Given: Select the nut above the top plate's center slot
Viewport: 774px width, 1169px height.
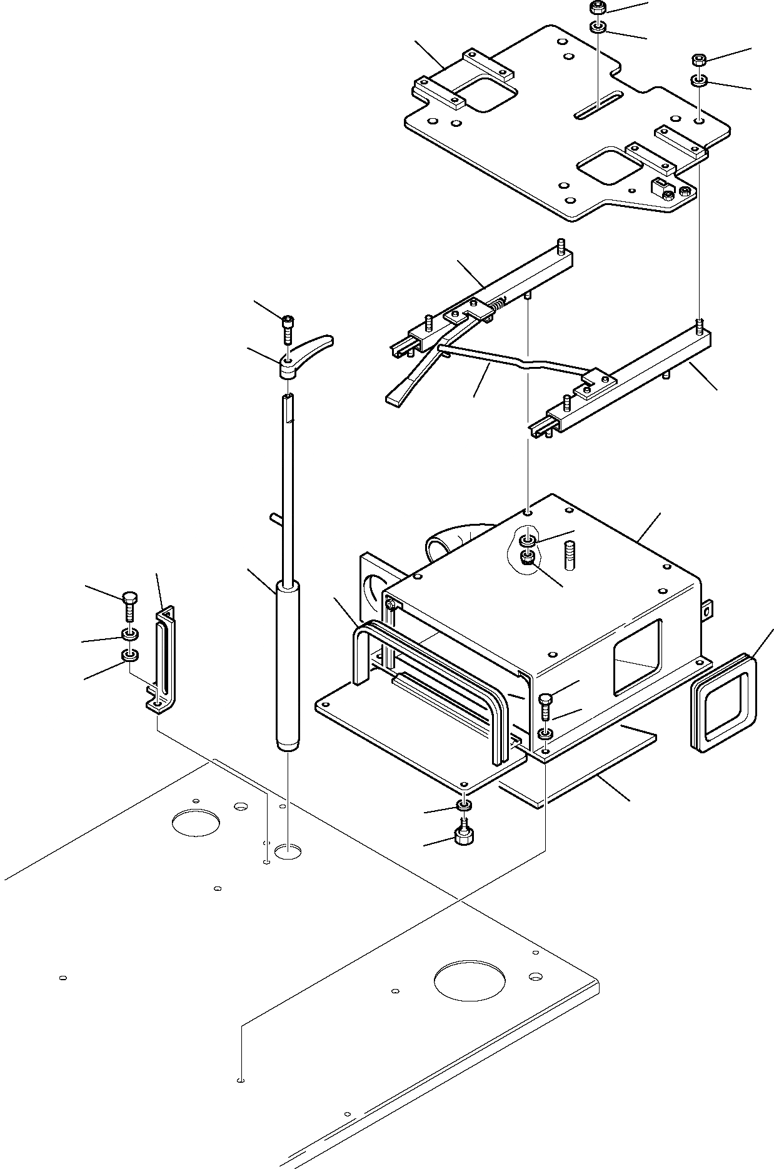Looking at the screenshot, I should point(596,9).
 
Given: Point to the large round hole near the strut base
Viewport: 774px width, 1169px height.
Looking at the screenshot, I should point(196,821).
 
